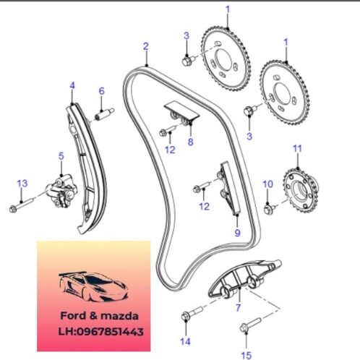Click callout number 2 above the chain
pos(146,46)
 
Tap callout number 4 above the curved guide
pos(72,85)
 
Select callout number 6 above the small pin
pos(102,91)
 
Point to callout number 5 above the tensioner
pos(61,156)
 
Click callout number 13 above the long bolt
pos(22,184)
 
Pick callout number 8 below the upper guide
pos(191,142)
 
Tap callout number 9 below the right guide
pos(238,233)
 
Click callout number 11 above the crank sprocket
pos(297,149)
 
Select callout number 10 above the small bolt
pos(267,184)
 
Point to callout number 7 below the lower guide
pos(238,308)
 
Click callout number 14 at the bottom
pos(185,341)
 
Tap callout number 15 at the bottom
pos(246,356)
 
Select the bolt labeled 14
pos(192,313)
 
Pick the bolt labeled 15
pos(251,325)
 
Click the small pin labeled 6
pos(104,114)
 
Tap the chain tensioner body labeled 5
pos(62,192)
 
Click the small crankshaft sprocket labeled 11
pos(301,191)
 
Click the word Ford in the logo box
pos(73,316)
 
